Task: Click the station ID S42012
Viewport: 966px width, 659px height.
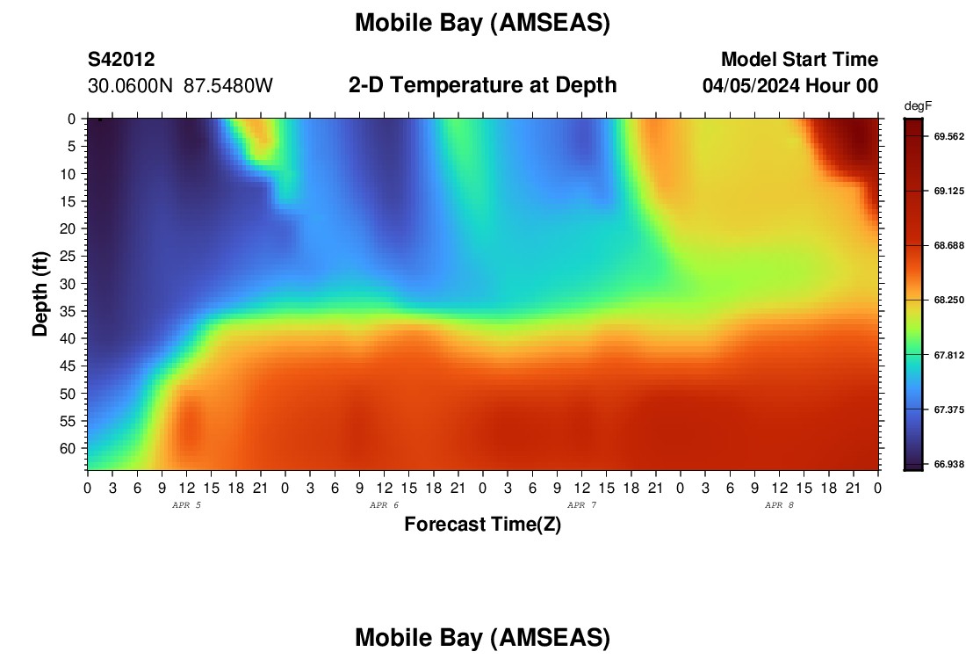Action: pos(121,60)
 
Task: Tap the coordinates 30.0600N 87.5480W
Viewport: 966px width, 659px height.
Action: pos(180,86)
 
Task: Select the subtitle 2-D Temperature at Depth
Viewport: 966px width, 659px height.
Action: pos(482,85)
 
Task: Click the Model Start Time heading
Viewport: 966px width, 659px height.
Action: pos(799,60)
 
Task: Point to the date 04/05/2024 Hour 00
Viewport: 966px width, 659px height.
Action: pos(790,86)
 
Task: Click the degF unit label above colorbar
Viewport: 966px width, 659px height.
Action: pos(918,106)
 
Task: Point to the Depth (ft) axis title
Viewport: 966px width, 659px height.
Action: pos(40,293)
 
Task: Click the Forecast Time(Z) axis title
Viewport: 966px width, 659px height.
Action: pos(482,525)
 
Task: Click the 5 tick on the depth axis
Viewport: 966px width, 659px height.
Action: pos(72,147)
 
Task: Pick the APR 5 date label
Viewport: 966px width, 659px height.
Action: pos(186,505)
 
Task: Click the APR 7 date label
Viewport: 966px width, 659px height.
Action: pos(581,505)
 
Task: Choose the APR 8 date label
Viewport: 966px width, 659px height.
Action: pos(779,505)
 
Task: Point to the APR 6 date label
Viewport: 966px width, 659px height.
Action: pos(384,505)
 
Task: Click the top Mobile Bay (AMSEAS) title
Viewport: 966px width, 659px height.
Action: pos(482,23)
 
